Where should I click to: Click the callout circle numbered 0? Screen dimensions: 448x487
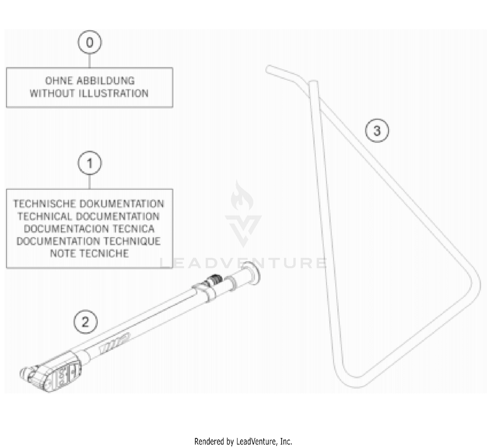pyautogui.click(x=90, y=42)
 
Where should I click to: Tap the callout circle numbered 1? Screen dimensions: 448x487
pyautogui.click(x=90, y=163)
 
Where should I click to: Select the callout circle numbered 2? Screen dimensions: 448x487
pyautogui.click(x=85, y=322)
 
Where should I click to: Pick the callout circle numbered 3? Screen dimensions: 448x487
pyautogui.click(x=377, y=131)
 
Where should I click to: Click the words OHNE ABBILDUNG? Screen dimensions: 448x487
pyautogui.click(x=90, y=81)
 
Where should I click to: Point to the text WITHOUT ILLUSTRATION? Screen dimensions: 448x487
pyautogui.click(x=89, y=94)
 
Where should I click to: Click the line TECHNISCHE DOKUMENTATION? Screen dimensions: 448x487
pyautogui.click(x=89, y=204)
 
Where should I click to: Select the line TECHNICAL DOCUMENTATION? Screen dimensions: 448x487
pyautogui.click(x=89, y=216)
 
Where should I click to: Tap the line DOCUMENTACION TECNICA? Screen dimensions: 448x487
pyautogui.click(x=89, y=229)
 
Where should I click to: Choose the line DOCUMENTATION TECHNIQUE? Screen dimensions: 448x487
pyautogui.click(x=89, y=241)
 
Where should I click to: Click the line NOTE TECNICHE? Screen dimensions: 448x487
pyautogui.click(x=89, y=253)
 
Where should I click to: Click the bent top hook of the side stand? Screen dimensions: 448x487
pyautogui.click(x=282, y=73)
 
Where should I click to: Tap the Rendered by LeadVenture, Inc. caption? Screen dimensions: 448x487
pyautogui.click(x=243, y=442)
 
